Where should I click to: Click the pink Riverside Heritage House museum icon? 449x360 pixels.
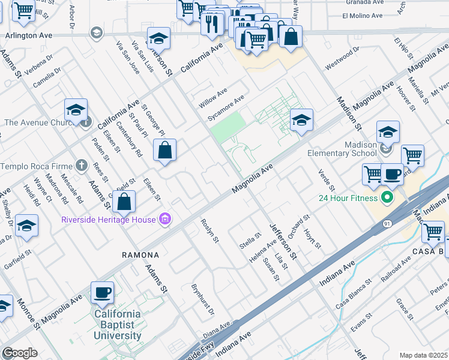click(165, 219)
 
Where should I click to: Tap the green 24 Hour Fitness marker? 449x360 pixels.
click(388, 197)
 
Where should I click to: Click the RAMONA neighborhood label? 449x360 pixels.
click(140, 255)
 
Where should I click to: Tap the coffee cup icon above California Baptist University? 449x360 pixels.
click(101, 292)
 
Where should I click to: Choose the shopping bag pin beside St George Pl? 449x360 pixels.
click(164, 151)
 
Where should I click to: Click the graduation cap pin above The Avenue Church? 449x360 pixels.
click(76, 110)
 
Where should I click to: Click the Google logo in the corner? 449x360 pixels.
click(20, 353)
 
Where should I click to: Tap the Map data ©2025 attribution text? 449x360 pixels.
click(423, 355)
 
